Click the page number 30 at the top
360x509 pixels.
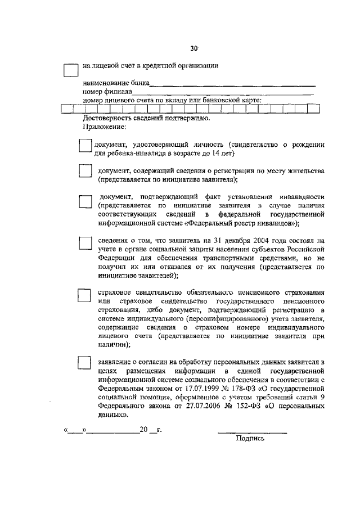(193, 49)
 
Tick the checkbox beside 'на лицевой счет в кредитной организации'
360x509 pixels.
(71, 70)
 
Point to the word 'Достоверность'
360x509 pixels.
(105, 119)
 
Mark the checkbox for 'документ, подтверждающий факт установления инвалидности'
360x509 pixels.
(85, 202)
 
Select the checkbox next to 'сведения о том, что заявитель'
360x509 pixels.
(85, 242)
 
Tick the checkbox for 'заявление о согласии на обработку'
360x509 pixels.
(84, 362)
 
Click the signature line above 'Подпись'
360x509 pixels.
(252, 433)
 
